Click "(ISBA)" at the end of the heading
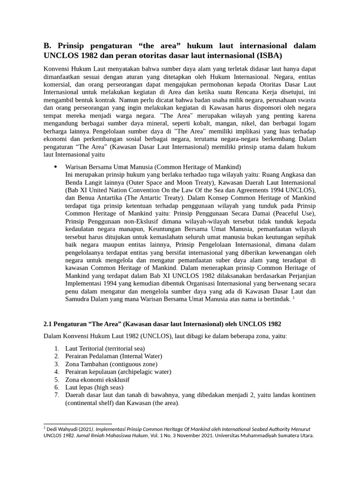(267, 56)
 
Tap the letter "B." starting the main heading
(47, 45)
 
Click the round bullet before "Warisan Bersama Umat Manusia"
(56, 166)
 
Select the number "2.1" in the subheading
(48, 324)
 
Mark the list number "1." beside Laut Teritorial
(57, 348)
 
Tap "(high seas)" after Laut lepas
(107, 388)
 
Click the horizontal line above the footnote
(77, 424)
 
